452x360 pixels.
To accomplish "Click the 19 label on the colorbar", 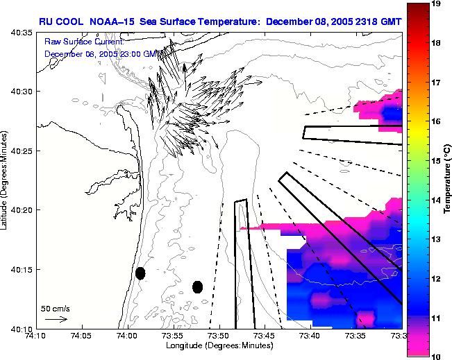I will (x=436, y=4).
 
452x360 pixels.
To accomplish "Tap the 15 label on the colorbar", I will (x=436, y=161).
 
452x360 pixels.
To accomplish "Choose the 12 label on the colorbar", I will (x=436, y=278).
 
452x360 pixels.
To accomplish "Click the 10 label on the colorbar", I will (x=436, y=356).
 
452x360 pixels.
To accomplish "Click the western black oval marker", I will (x=140, y=273).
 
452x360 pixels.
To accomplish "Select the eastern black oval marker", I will (x=197, y=286).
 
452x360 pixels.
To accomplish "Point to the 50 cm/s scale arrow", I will (x=56, y=319).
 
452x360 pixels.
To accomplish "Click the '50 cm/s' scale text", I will (x=56, y=308).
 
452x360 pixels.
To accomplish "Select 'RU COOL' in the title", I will (x=64, y=21).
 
